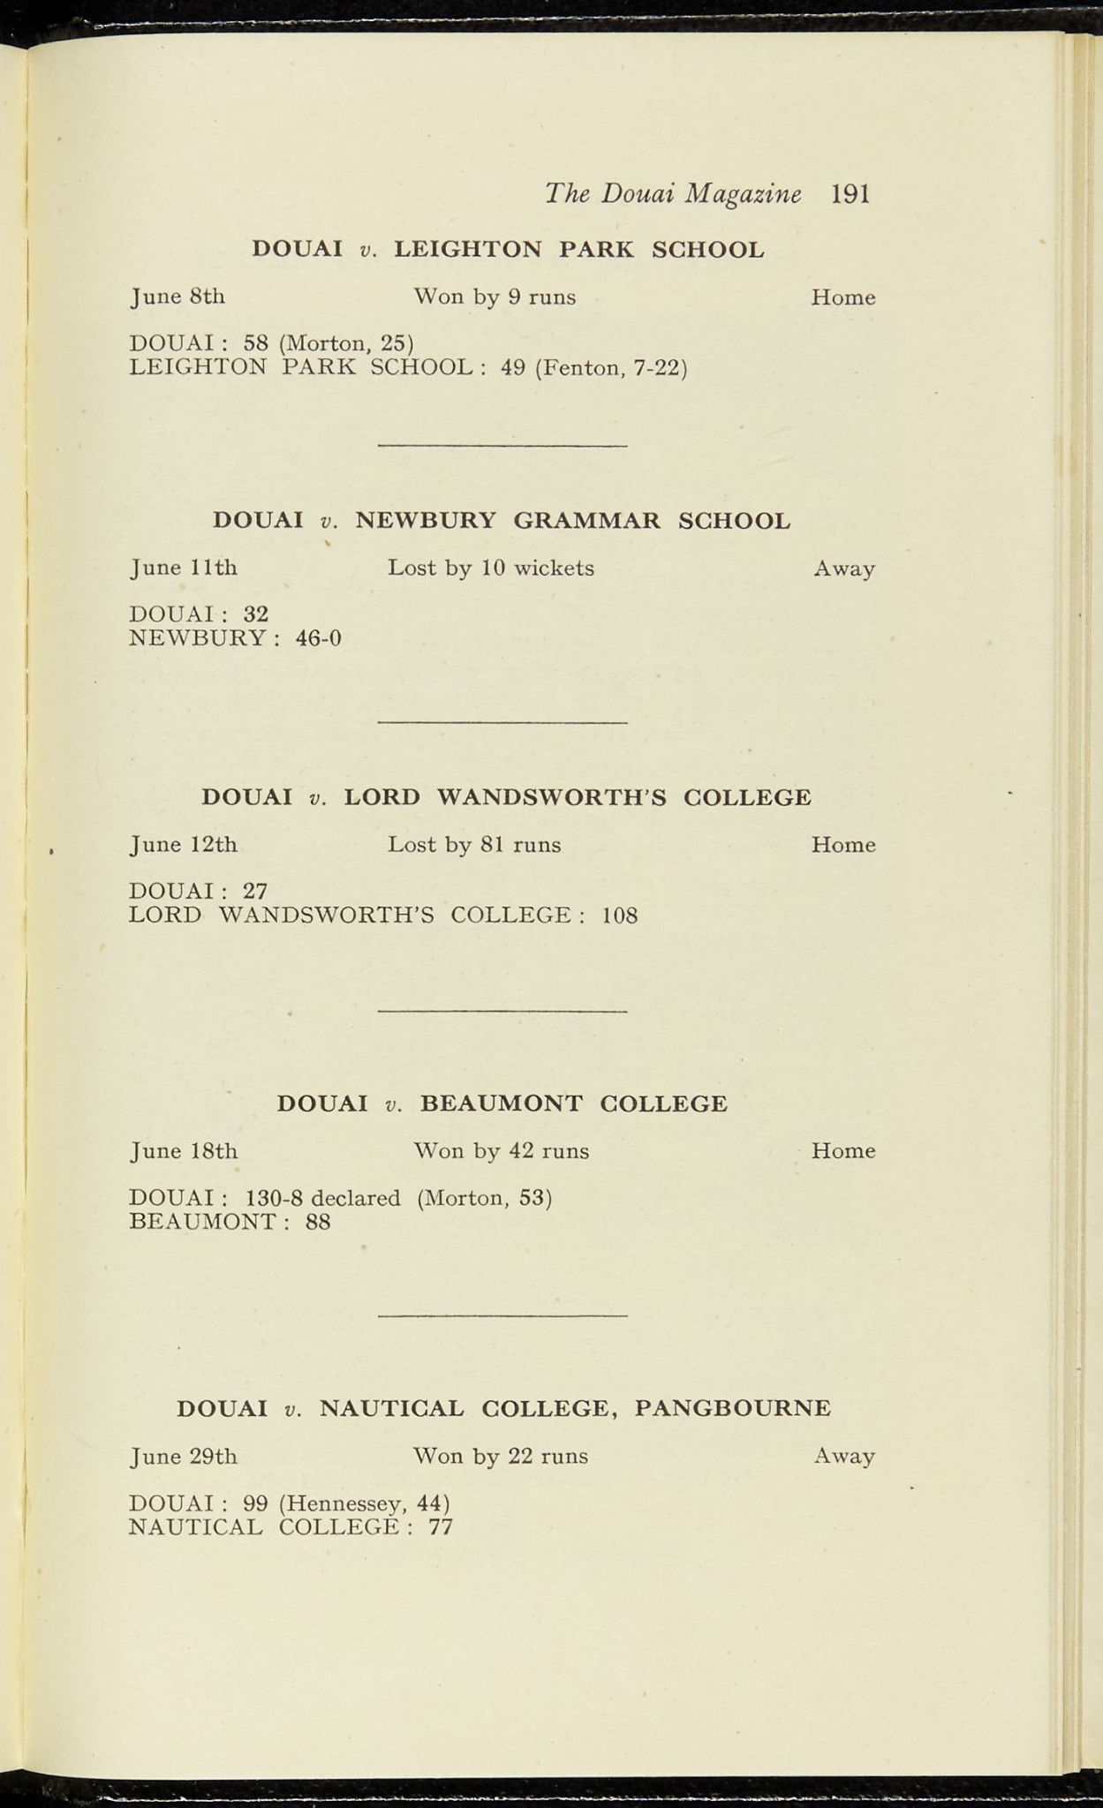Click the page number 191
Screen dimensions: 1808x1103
pyautogui.click(x=850, y=194)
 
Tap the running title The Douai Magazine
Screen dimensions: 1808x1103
pyautogui.click(x=673, y=194)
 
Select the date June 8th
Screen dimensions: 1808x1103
pyautogui.click(x=178, y=297)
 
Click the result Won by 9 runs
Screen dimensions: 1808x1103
pyautogui.click(x=495, y=298)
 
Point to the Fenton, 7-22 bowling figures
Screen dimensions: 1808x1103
pyautogui.click(x=611, y=367)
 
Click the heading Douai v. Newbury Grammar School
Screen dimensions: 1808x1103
pyautogui.click(x=502, y=521)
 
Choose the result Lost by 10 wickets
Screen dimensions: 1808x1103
pyautogui.click(x=491, y=568)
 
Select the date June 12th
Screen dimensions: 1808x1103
pyautogui.click(x=184, y=845)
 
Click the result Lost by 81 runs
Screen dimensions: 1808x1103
pyautogui.click(x=474, y=845)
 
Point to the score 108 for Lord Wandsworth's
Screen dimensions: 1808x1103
pyautogui.click(x=619, y=915)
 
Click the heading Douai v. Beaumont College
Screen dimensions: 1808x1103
pyautogui.click(x=502, y=1104)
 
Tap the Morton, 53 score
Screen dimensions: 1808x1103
pyautogui.click(x=484, y=1198)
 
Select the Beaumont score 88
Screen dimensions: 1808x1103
pyautogui.click(x=318, y=1223)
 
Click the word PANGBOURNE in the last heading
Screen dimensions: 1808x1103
pyautogui.click(x=732, y=1408)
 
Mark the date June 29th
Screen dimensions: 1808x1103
pyautogui.click(x=184, y=1456)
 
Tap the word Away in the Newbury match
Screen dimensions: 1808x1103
pyautogui.click(x=844, y=569)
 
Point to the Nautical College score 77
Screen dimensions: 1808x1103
pyautogui.click(x=440, y=1527)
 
